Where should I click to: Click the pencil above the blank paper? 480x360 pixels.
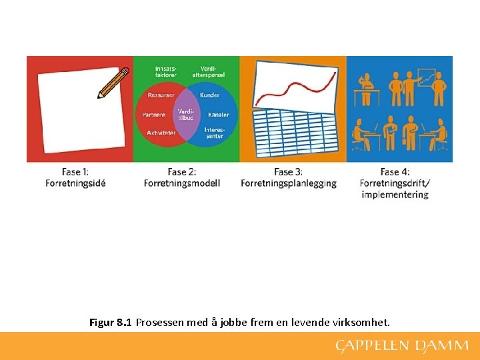tap(113, 83)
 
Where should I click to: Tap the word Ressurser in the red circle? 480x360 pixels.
tap(161, 95)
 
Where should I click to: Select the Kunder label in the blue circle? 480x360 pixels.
tap(209, 95)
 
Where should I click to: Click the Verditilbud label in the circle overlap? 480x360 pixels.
tap(186, 115)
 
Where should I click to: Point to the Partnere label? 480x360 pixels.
tap(154, 115)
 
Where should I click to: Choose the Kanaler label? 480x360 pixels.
tap(218, 115)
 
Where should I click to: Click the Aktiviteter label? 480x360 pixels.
tap(161, 133)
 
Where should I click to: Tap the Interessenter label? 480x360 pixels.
tap(214, 133)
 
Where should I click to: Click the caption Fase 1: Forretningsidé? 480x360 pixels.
tap(75, 178)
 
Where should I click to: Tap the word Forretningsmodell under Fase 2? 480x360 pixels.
tap(182, 183)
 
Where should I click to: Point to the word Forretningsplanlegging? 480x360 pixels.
tap(289, 183)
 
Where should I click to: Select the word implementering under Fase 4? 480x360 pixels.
tap(395, 195)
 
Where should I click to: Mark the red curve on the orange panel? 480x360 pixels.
tap(293, 87)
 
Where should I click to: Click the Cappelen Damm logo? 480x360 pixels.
tap(402, 346)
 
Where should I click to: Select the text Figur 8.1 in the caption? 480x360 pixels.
tap(111, 323)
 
